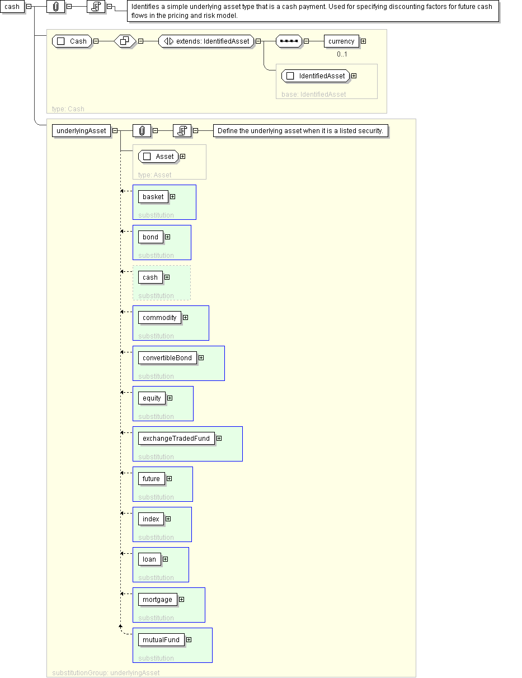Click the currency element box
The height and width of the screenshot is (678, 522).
pyautogui.click(x=341, y=41)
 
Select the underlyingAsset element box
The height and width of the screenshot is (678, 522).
pyautogui.click(x=81, y=131)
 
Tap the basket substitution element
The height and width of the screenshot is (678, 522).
pyautogui.click(x=153, y=196)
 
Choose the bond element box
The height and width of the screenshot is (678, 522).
pyautogui.click(x=151, y=237)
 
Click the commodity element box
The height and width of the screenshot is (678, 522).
pyautogui.click(x=159, y=317)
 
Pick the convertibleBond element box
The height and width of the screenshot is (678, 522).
pyautogui.click(x=167, y=357)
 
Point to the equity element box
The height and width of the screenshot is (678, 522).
pyautogui.click(x=152, y=398)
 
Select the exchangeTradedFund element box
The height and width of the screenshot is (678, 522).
pyautogui.click(x=176, y=438)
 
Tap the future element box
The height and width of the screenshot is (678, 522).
pyautogui.click(x=151, y=478)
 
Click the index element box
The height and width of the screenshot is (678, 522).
pyautogui.click(x=151, y=519)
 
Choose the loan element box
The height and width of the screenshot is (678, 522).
pyautogui.click(x=149, y=559)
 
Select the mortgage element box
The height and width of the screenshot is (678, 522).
pyautogui.click(x=158, y=599)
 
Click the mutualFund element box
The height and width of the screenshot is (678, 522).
pyautogui.click(x=161, y=639)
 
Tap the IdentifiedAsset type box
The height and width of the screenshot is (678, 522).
pyautogui.click(x=316, y=76)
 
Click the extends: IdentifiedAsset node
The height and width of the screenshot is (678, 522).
pyautogui.click(x=206, y=41)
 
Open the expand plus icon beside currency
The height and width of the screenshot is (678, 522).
pyautogui.click(x=363, y=41)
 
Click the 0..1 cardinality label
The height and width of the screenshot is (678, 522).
pyautogui.click(x=342, y=54)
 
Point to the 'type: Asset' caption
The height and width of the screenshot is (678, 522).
pyautogui.click(x=155, y=175)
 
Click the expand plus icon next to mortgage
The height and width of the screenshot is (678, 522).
pyautogui.click(x=181, y=599)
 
